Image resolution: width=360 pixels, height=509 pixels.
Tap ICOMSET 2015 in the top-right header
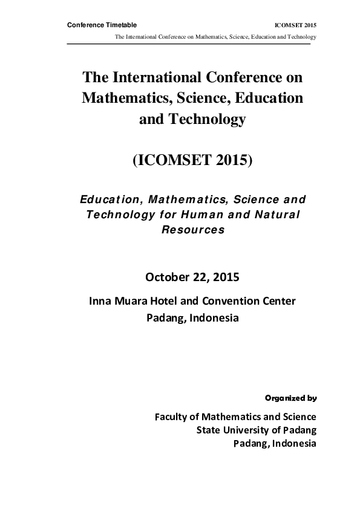tap(296, 25)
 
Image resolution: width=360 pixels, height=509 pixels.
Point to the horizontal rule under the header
tap(188, 44)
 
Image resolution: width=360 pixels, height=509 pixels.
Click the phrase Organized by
tap(291, 398)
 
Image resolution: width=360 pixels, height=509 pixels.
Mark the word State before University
tap(209, 430)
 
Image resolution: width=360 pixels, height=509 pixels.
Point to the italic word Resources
tap(192, 230)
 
